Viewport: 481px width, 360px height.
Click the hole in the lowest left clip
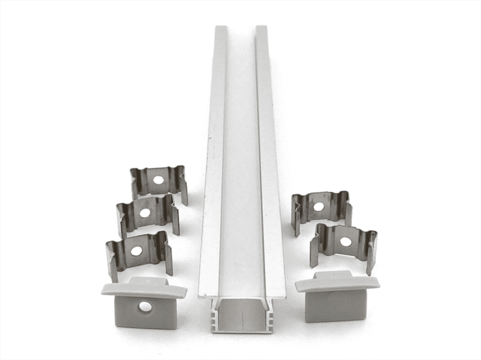point(136,251)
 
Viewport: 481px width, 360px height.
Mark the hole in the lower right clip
point(345,242)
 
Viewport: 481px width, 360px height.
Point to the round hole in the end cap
point(145,307)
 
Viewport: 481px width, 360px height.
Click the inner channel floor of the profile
point(241,180)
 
